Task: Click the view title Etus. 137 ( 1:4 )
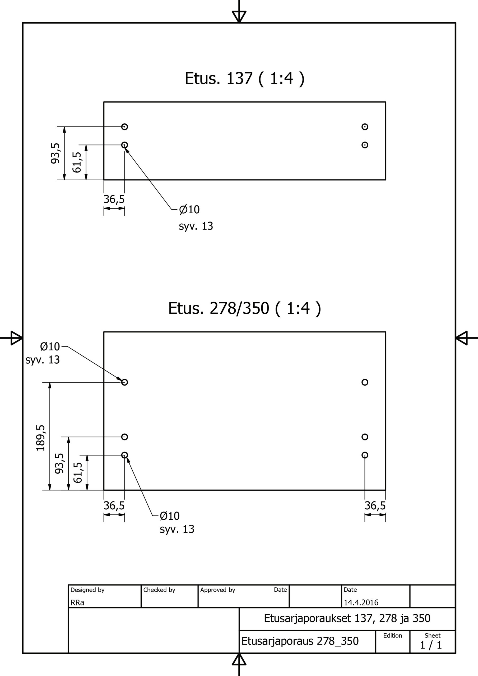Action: [x=244, y=79]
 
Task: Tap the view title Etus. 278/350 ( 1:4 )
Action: [x=244, y=309]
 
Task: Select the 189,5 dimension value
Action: [x=41, y=438]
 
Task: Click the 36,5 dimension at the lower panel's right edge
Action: [x=375, y=505]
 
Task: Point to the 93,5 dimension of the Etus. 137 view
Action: [x=55, y=153]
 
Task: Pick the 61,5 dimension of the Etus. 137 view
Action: [x=77, y=162]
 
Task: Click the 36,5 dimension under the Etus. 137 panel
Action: [x=114, y=199]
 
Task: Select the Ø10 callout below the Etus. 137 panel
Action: [x=189, y=210]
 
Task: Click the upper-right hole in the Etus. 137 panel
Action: [x=365, y=126]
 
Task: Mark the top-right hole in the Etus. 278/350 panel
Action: [x=365, y=382]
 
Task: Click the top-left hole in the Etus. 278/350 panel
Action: [x=125, y=382]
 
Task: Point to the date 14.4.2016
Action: [x=361, y=602]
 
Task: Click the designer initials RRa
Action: [x=77, y=603]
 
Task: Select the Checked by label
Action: [x=159, y=590]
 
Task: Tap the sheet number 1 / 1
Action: [x=431, y=645]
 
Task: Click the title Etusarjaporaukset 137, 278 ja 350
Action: [x=347, y=618]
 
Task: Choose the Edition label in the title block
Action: [x=393, y=635]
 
